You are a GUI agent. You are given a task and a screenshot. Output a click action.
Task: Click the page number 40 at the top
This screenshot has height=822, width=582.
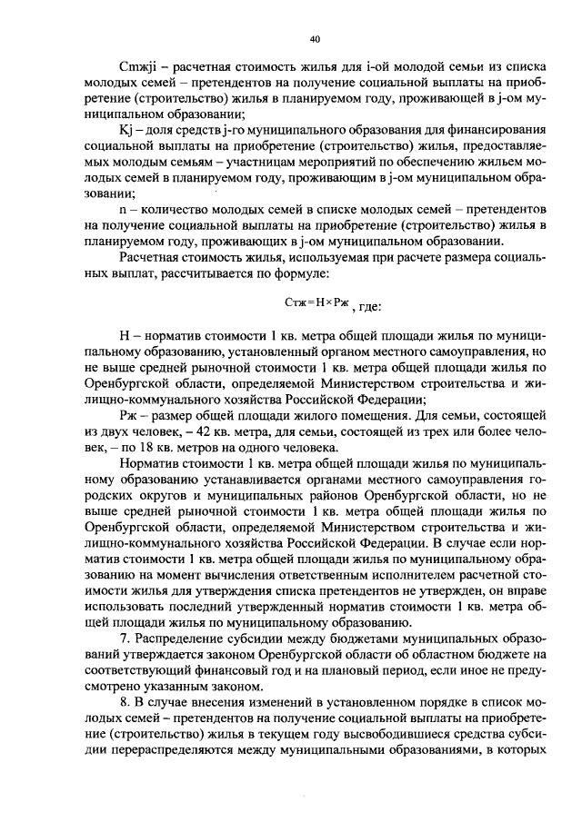point(315,39)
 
